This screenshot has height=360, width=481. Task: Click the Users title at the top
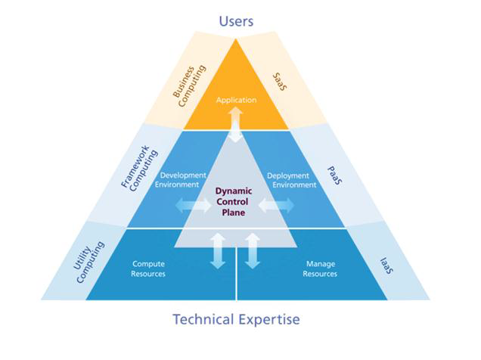[x=236, y=20]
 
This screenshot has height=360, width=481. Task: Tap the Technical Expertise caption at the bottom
[x=236, y=318]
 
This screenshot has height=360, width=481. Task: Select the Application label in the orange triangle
[x=236, y=100]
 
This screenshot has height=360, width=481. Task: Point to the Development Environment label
[x=180, y=178]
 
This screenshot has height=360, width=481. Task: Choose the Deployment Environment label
[x=291, y=178]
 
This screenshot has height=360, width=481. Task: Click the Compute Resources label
[x=148, y=268]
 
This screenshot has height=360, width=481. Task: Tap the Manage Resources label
[x=320, y=268]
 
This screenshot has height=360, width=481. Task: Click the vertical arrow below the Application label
[x=236, y=123]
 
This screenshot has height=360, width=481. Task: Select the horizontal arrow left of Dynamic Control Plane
[x=189, y=205]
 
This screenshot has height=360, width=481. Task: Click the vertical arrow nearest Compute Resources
[x=219, y=250]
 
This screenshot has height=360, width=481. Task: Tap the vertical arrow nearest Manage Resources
[x=253, y=250]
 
